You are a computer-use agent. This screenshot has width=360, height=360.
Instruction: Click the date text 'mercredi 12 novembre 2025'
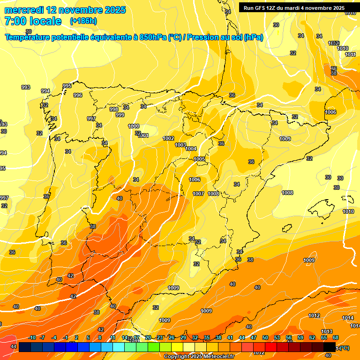[65, 10]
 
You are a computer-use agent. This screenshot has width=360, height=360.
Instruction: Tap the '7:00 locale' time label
[33, 21]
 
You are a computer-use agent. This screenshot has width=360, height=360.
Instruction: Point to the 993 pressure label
[26, 87]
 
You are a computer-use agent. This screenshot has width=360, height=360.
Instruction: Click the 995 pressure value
[67, 86]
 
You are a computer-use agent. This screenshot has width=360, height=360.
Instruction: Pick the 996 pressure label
[78, 95]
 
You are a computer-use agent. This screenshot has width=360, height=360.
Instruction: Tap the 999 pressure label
[120, 115]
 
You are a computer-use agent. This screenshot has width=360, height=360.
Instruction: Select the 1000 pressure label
[134, 126]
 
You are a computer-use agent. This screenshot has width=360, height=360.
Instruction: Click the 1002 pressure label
[168, 138]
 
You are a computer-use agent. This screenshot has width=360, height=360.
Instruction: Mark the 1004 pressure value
[191, 149]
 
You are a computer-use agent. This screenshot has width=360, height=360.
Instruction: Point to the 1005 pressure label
[199, 159]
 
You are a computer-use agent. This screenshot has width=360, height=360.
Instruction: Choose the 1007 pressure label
[198, 194]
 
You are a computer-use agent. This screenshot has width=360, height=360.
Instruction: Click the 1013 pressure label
[327, 331]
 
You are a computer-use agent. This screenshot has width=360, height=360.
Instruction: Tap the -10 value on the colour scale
[32, 338]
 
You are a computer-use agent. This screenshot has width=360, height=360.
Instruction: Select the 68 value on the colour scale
[336, 338]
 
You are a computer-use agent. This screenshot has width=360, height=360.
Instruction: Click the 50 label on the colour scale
[265, 338]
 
